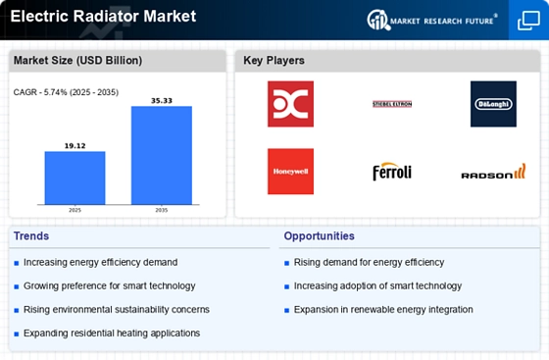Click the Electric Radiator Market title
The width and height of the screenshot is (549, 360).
tap(103, 17)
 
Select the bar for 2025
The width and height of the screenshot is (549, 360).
tap(75, 179)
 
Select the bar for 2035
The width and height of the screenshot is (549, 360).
tap(162, 156)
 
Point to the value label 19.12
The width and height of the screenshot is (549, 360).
tap(75, 145)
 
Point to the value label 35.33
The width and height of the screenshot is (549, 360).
tap(162, 100)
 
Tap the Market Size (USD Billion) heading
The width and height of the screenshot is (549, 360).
tap(77, 61)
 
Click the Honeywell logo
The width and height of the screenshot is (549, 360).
tap(290, 172)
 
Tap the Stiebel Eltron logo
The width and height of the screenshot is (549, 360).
tap(392, 104)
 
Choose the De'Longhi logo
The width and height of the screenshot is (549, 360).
tap(493, 104)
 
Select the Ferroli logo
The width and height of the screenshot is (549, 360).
tap(392, 173)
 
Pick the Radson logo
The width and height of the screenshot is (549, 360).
tap(493, 173)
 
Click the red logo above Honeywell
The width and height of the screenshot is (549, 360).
tap(290, 104)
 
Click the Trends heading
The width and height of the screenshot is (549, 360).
tap(32, 236)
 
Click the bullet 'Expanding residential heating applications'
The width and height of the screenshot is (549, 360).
tap(112, 334)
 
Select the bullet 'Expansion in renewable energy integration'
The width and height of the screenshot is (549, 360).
tap(383, 310)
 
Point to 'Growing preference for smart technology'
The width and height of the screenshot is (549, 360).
tap(109, 286)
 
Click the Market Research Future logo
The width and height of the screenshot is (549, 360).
tap(432, 19)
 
